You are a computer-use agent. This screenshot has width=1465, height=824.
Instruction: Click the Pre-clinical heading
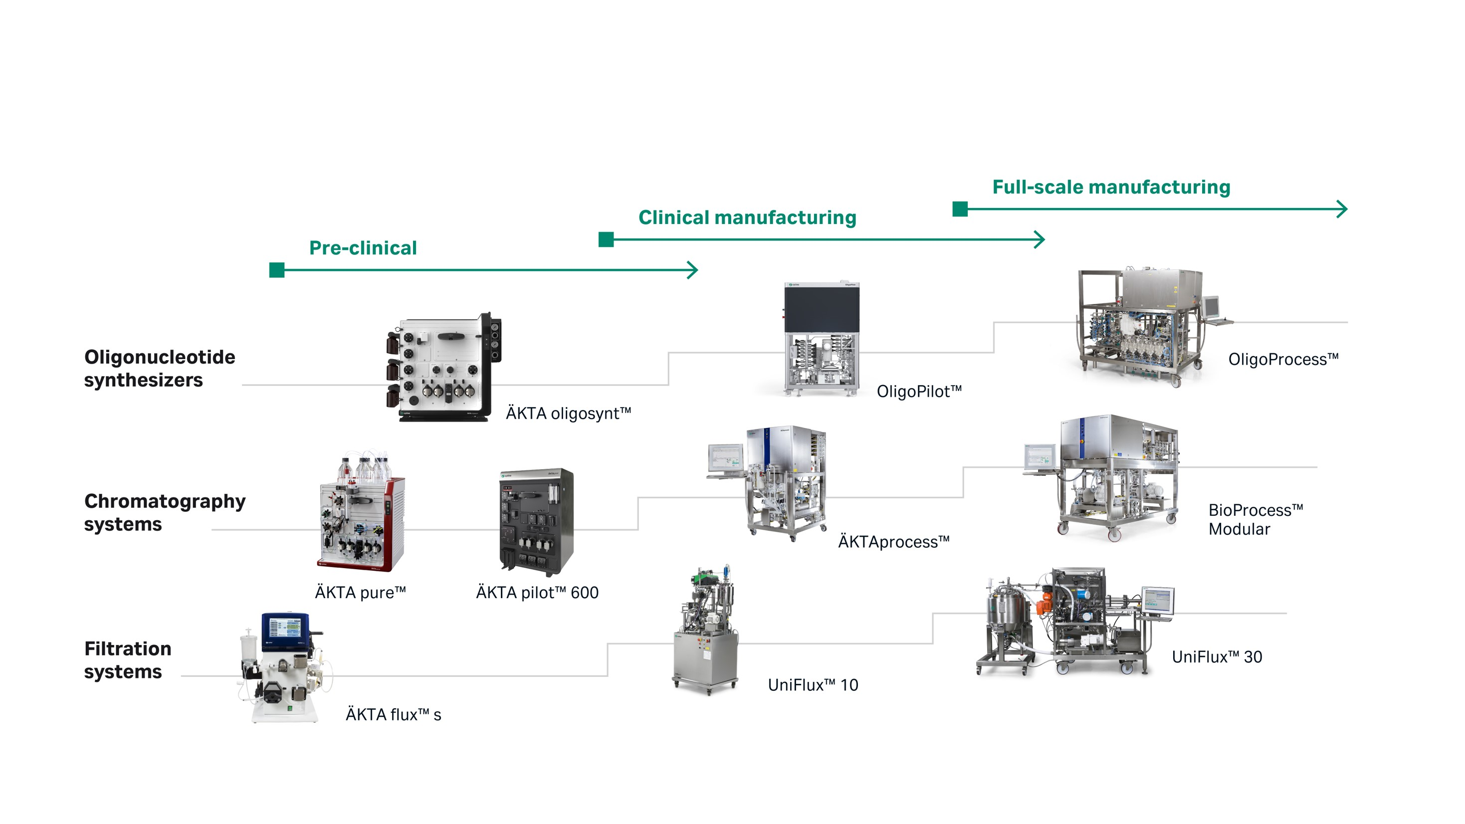click(x=363, y=248)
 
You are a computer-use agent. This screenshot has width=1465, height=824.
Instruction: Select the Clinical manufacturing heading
click(x=747, y=217)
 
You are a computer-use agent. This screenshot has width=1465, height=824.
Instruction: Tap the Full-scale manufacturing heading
click(x=1111, y=187)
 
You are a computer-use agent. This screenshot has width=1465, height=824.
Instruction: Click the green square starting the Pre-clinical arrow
click(x=277, y=270)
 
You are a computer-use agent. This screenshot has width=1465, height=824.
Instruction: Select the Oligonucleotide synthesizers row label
click(x=159, y=368)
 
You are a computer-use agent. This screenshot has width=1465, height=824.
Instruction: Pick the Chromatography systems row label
click(x=165, y=512)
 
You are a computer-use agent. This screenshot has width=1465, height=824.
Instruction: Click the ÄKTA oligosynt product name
click(x=568, y=413)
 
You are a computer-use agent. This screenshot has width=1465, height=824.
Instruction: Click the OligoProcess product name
click(x=1283, y=360)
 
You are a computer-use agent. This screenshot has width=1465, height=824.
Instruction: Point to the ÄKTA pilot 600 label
click(x=537, y=593)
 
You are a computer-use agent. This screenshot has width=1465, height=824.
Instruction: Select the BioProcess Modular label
click(x=1255, y=519)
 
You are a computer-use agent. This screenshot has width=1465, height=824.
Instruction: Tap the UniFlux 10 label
click(x=813, y=685)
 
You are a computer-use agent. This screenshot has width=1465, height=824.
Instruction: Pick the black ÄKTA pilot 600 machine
click(x=536, y=521)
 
